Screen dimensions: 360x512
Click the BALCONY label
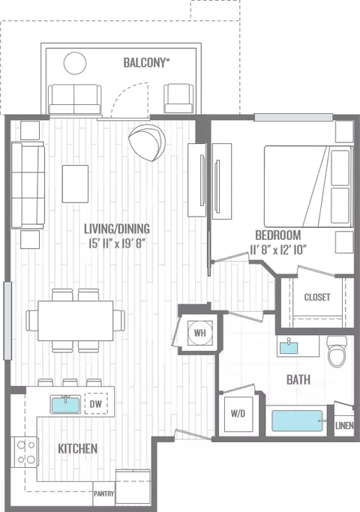[147, 63]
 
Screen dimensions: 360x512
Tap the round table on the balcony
[75, 63]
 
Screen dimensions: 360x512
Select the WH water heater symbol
[200, 333]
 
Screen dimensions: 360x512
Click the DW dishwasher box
[96, 404]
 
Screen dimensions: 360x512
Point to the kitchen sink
[66, 404]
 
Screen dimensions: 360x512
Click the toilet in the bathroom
[337, 352]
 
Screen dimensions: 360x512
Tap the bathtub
[297, 421]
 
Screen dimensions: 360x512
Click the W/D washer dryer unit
[238, 414]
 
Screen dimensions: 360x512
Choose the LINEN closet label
[344, 425]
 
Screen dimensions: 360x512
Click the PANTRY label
[104, 493]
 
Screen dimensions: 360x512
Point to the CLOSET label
[317, 297]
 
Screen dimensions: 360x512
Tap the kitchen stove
[25, 452]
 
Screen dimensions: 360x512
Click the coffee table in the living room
[76, 184]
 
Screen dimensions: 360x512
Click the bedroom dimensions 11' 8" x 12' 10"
[278, 250]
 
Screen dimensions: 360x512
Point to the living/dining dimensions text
[116, 244]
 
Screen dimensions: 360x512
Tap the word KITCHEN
[78, 448]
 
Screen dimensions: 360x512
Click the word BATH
[298, 379]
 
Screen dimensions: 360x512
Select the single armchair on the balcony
[178, 99]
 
